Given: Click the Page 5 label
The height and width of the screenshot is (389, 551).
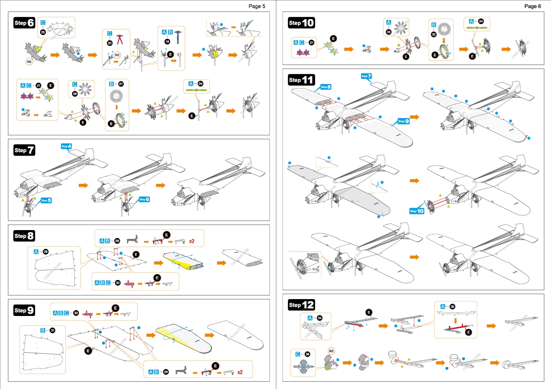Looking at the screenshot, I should click(x=256, y=6).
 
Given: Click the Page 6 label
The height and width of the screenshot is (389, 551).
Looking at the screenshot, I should click(x=532, y=6).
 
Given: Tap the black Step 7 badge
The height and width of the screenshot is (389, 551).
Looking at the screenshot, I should click(x=24, y=150).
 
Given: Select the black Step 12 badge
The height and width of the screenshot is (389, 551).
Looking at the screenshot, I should click(x=301, y=305).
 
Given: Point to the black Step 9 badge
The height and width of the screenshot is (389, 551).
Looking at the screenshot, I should click(x=24, y=310).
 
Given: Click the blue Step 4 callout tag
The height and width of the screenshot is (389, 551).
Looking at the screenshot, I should click(x=66, y=146).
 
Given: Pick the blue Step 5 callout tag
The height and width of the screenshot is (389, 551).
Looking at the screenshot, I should click(x=46, y=200).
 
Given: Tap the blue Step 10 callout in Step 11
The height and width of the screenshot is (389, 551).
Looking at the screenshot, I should click(x=417, y=211).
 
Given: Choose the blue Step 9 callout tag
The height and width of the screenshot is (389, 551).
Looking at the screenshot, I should click(x=403, y=121).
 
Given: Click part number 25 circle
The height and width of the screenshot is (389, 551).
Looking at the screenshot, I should click(x=43, y=32).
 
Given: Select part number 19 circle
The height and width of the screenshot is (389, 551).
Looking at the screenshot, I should click(x=167, y=41).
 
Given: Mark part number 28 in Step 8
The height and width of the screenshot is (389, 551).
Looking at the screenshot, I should click(x=46, y=252).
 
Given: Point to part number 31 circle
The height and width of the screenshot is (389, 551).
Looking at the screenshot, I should click(x=53, y=330).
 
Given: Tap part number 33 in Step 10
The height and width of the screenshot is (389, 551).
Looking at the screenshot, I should click(x=389, y=32).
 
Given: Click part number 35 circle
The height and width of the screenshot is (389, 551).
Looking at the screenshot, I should click(x=453, y=306).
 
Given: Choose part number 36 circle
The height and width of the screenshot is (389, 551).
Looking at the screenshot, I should click(x=307, y=354).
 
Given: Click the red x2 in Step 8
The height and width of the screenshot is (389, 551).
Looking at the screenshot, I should click(x=192, y=241).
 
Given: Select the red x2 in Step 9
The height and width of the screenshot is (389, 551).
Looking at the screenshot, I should click(x=240, y=372).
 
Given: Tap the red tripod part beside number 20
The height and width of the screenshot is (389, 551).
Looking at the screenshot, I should click(x=120, y=39).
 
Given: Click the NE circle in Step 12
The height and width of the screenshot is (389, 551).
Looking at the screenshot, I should click(x=331, y=351).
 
